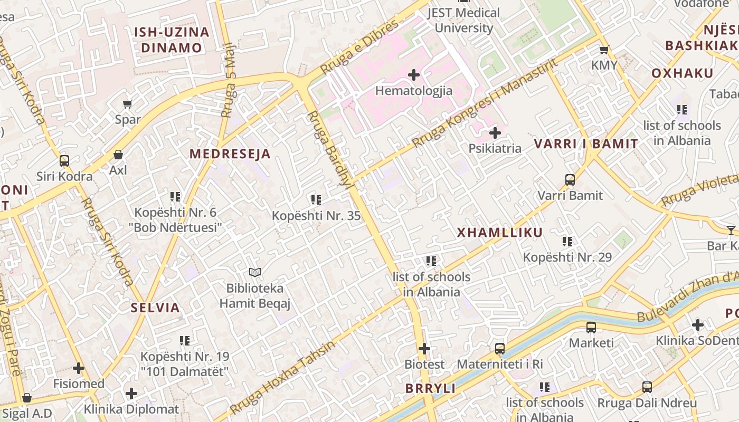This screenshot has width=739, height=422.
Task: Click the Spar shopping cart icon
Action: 127,104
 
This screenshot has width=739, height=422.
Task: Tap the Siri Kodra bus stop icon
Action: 64,160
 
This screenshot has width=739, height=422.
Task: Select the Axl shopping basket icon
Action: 118,155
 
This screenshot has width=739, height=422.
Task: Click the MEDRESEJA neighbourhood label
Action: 230,154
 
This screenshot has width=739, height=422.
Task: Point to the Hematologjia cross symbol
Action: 414,75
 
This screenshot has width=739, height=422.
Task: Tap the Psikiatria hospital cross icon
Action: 495,132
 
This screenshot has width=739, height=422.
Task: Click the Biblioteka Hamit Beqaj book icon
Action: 255,272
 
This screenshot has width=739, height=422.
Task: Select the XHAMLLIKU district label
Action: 499,233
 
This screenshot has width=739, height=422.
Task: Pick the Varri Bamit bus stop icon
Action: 570,180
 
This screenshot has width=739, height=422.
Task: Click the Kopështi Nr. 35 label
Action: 316,216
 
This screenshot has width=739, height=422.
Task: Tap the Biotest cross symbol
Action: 424,349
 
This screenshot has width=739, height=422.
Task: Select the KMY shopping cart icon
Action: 604,50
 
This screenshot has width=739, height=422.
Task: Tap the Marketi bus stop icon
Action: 591,328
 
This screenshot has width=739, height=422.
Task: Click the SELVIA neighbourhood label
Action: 155,308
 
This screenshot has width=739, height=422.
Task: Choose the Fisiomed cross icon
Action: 79,368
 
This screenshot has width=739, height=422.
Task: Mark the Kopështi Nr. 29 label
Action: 567,257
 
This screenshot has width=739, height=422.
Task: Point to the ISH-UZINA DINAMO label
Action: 172,40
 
